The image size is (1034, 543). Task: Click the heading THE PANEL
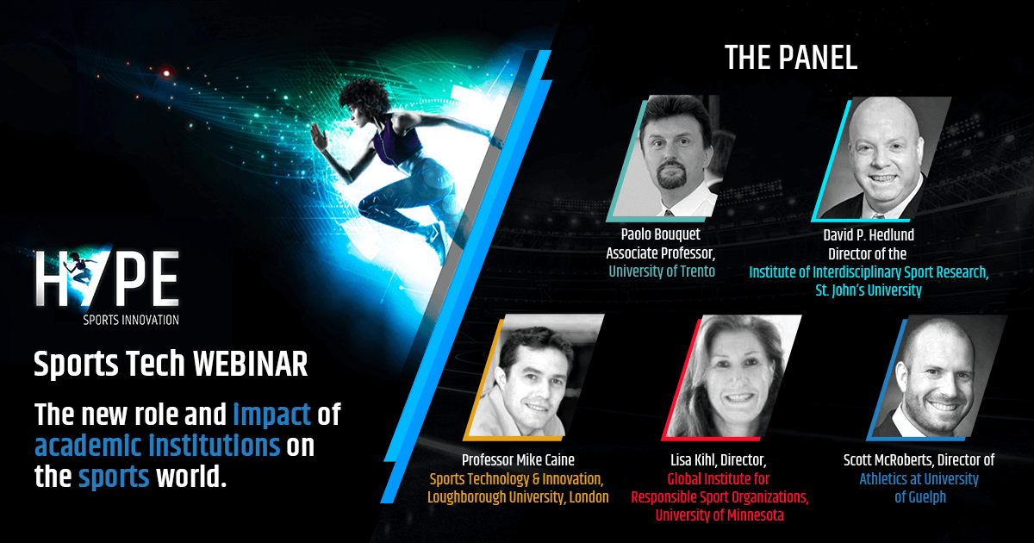point(791,58)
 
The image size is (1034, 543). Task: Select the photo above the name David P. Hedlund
point(881,158)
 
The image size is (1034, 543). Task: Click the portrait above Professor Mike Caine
point(533,377)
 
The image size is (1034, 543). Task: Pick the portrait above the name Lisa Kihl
point(732,377)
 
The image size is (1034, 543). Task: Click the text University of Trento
point(662,271)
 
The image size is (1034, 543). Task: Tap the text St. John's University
point(869,290)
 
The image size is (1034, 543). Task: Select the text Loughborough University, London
point(518,497)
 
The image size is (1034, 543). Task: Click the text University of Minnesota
point(719,515)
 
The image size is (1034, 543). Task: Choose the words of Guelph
point(920,497)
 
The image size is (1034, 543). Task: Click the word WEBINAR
point(250,364)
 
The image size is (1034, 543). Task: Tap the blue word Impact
point(271,414)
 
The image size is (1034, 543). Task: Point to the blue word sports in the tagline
point(114,477)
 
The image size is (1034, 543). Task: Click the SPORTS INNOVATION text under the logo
point(131,320)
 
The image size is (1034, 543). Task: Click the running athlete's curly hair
point(364,96)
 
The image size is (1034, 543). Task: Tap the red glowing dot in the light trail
point(166,73)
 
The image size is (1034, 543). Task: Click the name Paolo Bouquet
point(661,234)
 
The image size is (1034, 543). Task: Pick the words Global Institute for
point(719,479)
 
